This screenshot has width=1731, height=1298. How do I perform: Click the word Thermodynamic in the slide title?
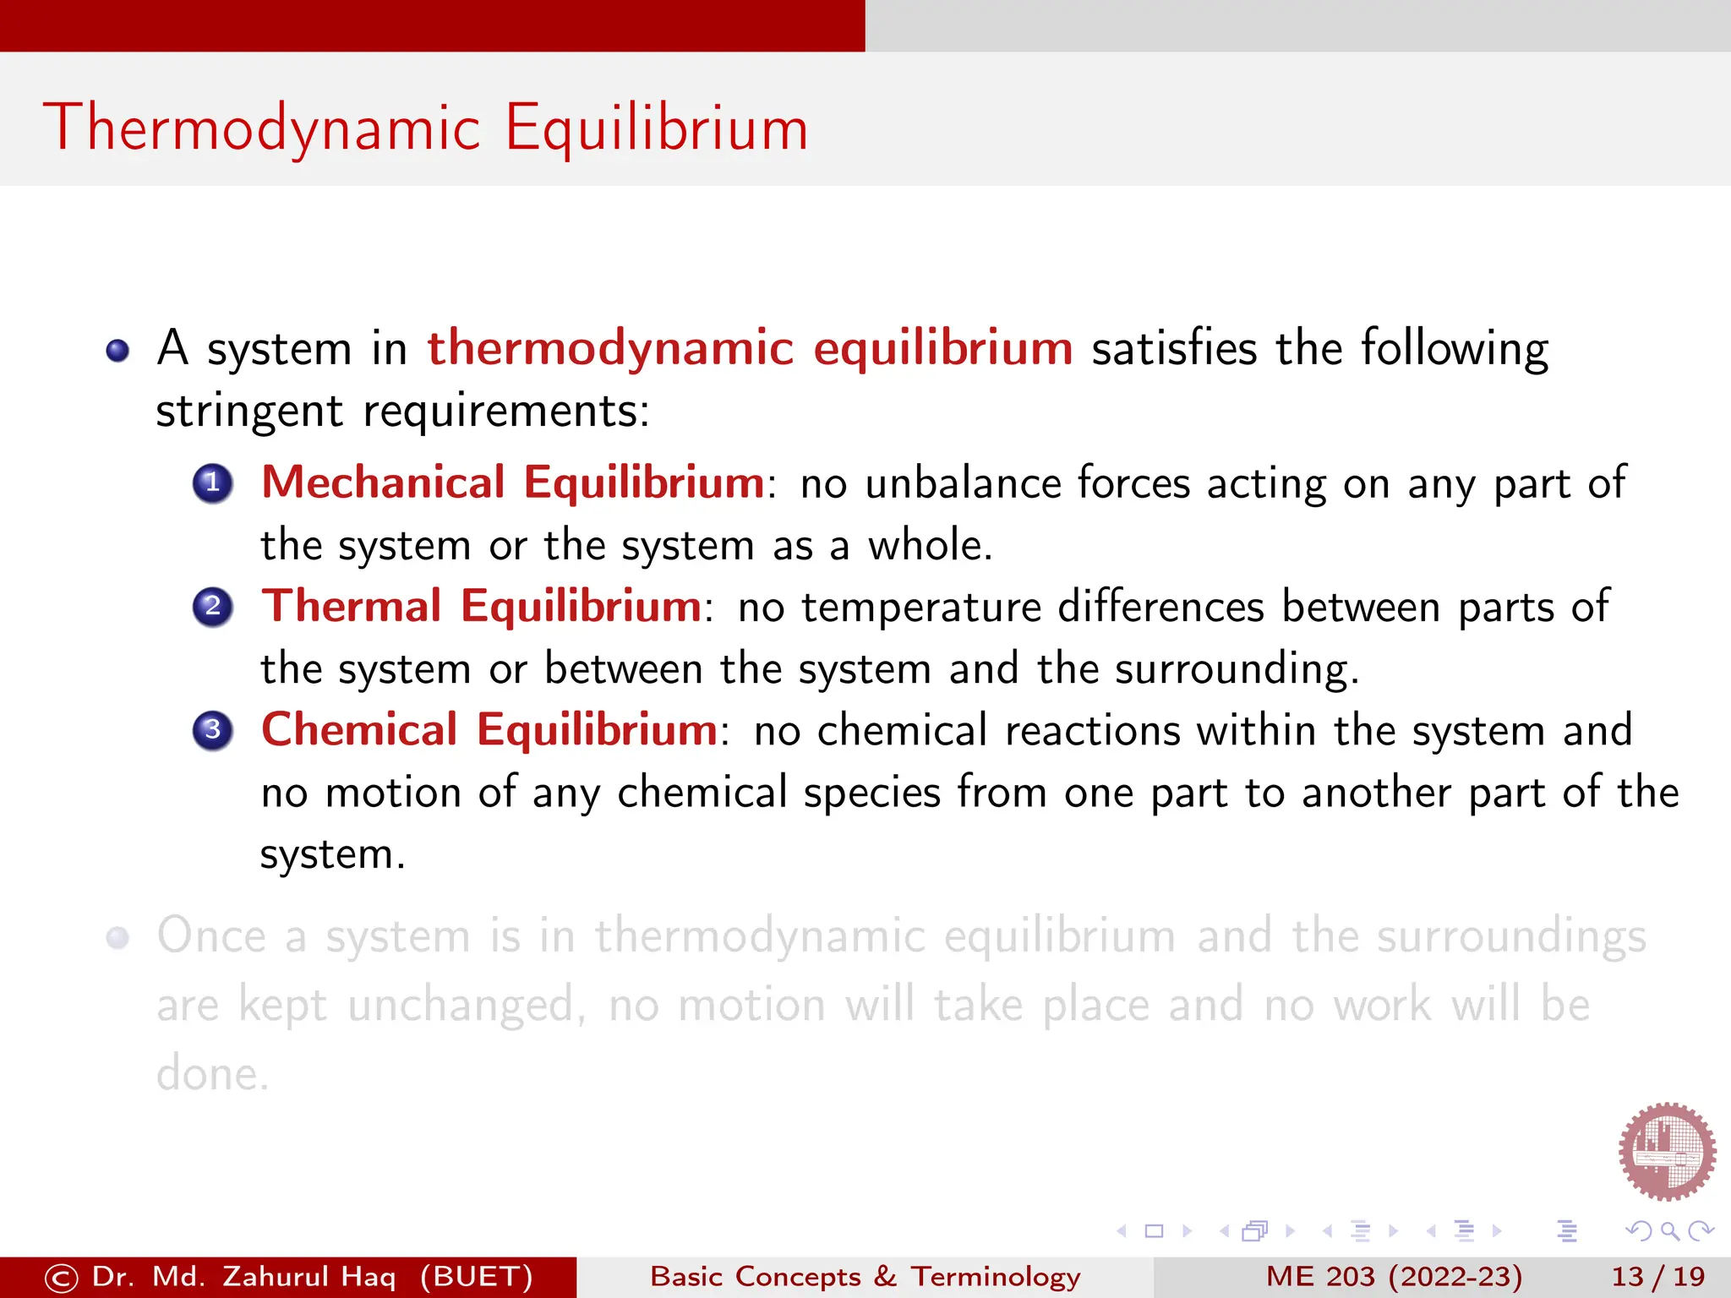262,128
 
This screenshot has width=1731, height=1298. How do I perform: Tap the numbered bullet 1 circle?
213,483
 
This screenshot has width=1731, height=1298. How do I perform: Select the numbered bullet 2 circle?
213,607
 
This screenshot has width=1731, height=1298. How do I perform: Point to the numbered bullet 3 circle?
213,730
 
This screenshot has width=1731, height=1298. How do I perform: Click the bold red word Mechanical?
383,483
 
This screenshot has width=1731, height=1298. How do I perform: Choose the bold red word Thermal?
351,606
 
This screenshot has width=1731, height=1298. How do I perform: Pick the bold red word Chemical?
359,729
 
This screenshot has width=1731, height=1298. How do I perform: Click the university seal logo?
1667,1151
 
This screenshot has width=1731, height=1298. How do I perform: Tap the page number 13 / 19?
1657,1276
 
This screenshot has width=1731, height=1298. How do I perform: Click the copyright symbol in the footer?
61,1278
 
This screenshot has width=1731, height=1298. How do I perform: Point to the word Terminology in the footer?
995,1276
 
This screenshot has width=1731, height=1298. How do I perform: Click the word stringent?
249,412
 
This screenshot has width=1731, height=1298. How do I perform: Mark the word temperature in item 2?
921,607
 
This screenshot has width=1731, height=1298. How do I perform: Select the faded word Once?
212,936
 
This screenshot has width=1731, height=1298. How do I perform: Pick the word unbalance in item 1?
963,483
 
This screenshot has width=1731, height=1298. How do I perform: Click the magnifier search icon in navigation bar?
1669,1231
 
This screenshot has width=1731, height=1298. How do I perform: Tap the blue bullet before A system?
118,350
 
